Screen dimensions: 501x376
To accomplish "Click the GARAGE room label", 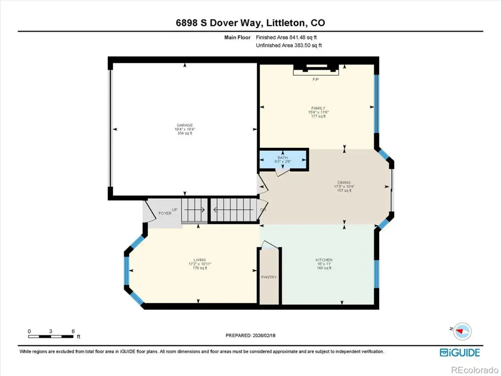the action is (185, 125).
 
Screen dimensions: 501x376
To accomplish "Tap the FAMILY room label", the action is (318, 108).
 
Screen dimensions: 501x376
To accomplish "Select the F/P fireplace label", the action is (316, 79).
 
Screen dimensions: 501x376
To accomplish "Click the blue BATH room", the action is (283, 160).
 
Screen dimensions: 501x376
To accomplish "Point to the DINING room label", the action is (344, 183).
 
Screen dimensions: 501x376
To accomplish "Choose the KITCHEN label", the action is (324, 260).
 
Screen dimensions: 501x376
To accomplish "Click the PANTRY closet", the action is (269, 277).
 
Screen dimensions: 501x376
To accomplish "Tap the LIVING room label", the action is (200, 260).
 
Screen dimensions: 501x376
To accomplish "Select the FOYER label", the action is (165, 213).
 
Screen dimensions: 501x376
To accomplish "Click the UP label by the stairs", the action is (175, 210).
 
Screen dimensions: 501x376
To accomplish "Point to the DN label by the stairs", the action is (263, 210).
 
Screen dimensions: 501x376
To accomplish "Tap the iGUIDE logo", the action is (460, 353).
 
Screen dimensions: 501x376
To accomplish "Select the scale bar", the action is (51, 336).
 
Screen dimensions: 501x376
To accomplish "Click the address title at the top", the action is (250, 23).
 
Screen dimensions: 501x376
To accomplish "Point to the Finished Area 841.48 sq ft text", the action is (286, 38).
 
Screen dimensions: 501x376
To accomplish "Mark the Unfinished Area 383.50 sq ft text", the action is (289, 46).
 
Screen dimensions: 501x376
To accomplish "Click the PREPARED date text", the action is (250, 335).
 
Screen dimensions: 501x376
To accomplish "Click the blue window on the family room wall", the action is (377, 104).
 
